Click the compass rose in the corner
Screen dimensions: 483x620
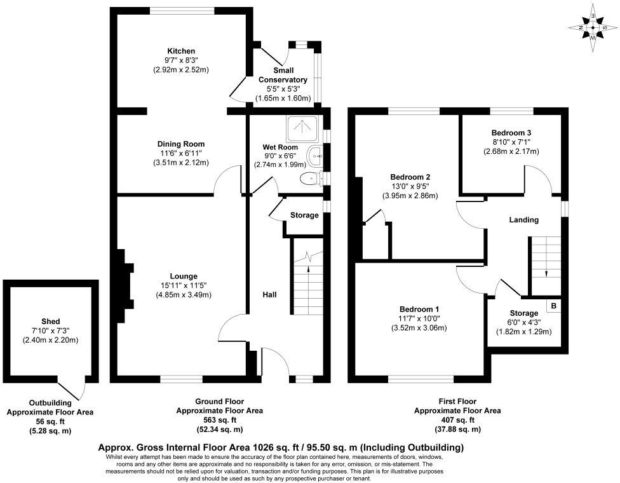click(593, 27)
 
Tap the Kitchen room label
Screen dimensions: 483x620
click(181, 51)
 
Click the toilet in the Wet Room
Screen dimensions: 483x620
click(310, 179)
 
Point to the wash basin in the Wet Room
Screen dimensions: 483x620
click(316, 154)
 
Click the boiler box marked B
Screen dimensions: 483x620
click(554, 306)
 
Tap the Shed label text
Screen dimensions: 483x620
click(50, 322)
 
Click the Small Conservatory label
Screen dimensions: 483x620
click(283, 75)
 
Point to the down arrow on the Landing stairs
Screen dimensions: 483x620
click(546, 273)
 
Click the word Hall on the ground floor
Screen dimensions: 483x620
click(271, 295)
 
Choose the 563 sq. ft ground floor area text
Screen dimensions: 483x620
click(219, 420)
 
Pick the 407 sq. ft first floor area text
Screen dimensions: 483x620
click(457, 420)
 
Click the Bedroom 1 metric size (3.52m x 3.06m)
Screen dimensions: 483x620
click(419, 328)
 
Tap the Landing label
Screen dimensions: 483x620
click(524, 220)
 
